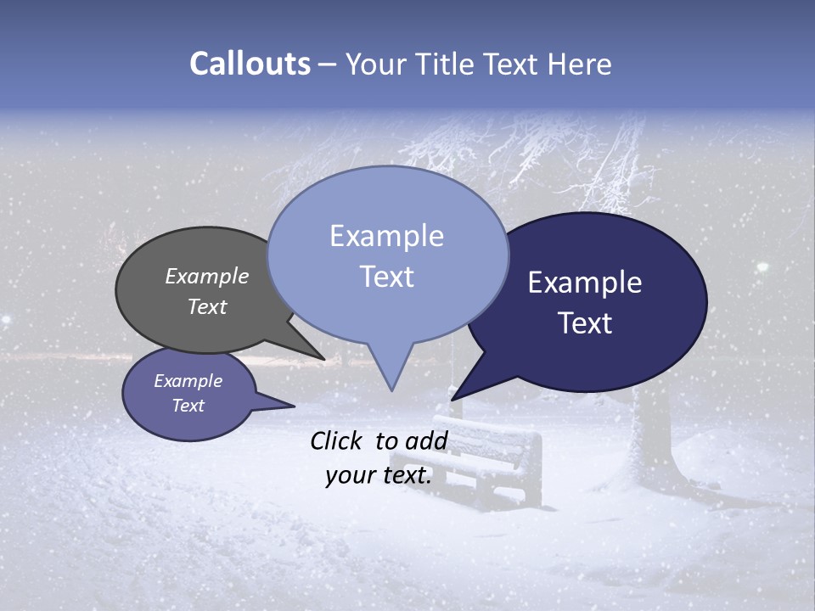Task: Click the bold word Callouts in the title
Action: point(250,64)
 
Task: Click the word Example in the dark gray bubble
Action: point(206,276)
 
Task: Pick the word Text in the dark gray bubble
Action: point(206,306)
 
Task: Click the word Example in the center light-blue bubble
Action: point(386,236)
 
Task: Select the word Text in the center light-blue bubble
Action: point(386,277)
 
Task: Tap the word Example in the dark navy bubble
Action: point(585,283)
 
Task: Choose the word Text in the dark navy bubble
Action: point(585,323)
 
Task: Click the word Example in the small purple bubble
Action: point(188,381)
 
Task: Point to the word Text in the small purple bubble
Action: point(188,406)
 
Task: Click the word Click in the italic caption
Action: point(338,440)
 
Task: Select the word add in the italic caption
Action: point(426,440)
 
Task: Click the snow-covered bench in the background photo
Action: point(492,458)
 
